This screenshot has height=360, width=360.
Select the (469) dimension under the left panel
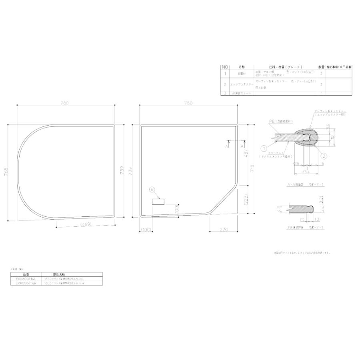point(86,225)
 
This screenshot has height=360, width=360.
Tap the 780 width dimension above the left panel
point(65,103)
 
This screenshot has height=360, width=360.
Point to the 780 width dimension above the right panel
point(188,103)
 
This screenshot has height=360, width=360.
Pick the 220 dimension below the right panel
point(223,230)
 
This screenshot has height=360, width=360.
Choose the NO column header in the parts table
point(225,67)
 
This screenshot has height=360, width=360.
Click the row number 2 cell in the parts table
point(225,84)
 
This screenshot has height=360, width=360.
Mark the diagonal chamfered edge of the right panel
point(224,200)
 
